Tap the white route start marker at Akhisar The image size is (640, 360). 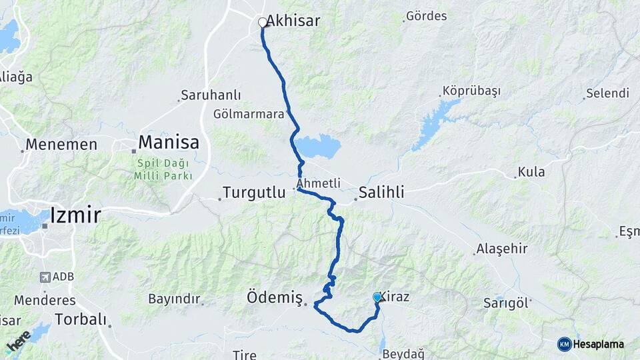coord(263,22)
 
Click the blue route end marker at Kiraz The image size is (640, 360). coord(377,297)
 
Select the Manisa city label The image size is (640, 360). coord(169,142)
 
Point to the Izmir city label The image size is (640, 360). coord(75,215)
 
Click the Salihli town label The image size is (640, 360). coord(381,193)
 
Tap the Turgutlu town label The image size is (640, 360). coord(253,193)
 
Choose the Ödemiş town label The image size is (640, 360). coord(275,297)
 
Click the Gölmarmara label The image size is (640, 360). coord(249,114)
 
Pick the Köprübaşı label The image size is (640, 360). coord(471,91)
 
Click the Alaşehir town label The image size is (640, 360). coord(501,249)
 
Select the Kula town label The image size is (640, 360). coord(531,172)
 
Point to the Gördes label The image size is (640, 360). coord(426,16)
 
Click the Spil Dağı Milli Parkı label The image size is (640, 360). coord(163,169)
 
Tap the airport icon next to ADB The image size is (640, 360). coord(45,277)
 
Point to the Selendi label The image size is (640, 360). coord(607,93)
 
